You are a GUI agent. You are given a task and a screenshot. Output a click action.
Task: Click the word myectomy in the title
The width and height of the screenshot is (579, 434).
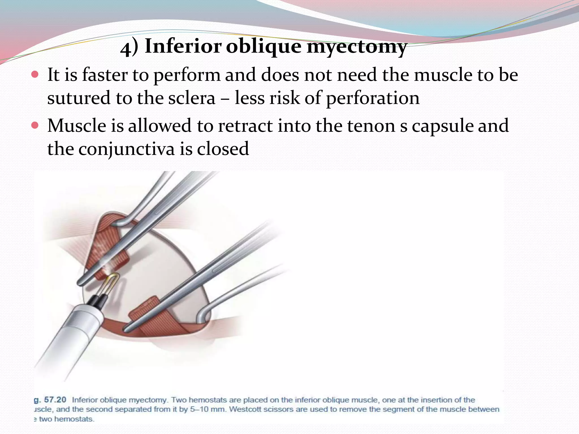coord(357,47)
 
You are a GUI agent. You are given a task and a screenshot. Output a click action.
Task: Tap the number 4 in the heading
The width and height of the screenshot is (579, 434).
coord(125,49)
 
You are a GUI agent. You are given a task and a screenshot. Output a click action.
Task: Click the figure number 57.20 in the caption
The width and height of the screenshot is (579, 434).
coord(55,400)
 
